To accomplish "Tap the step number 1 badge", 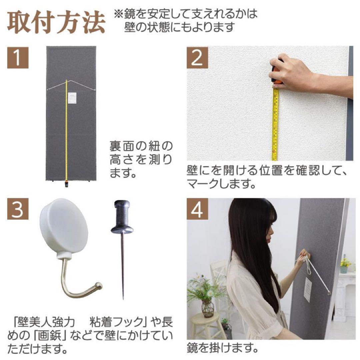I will point(18,57).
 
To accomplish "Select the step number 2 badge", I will point(197,57).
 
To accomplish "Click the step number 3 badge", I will point(18,209).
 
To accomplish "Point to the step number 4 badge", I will point(197,209).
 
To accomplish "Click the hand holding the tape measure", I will point(293,73).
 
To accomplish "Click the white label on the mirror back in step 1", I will point(73,99).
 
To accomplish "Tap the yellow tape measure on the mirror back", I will point(66,133).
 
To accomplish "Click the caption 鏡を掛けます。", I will point(223,349).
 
